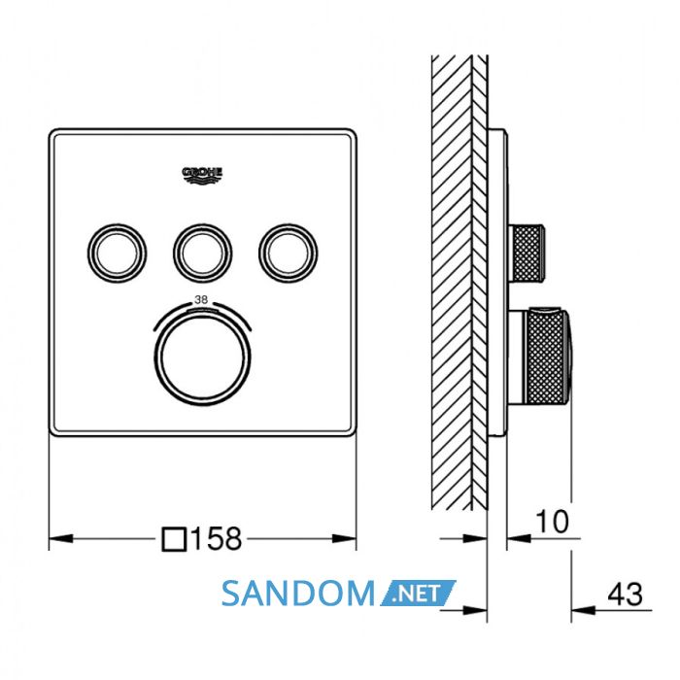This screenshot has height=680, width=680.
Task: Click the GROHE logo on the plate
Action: (x=202, y=175)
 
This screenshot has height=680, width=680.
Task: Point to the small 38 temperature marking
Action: (x=201, y=299)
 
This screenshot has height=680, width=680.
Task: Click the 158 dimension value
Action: (x=217, y=539)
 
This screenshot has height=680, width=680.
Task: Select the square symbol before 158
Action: (x=174, y=539)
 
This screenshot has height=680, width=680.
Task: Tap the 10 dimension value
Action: (x=552, y=522)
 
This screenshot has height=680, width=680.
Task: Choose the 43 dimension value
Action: (x=625, y=595)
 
